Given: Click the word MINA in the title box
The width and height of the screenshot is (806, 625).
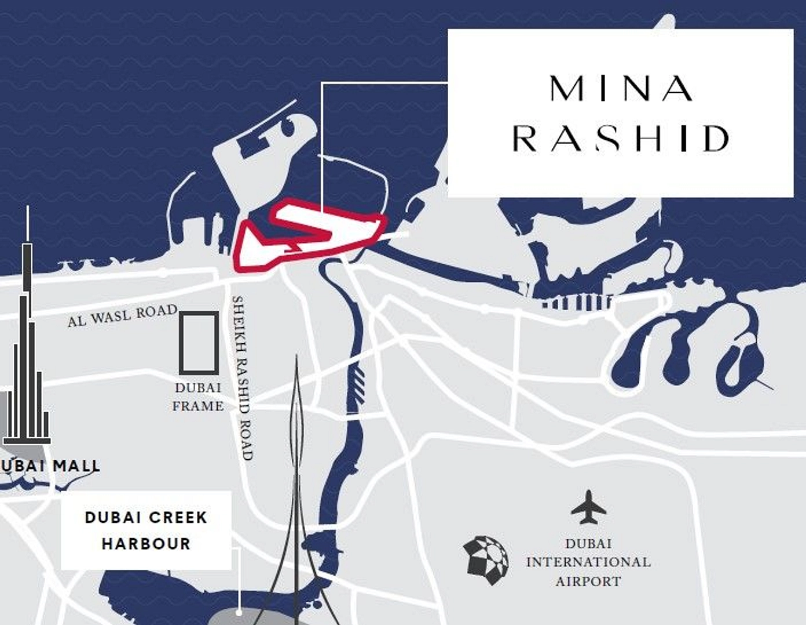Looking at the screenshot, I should point(621,89).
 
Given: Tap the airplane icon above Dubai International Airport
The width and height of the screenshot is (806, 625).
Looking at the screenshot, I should point(588,506).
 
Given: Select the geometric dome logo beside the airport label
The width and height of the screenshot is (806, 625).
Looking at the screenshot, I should point(486,559).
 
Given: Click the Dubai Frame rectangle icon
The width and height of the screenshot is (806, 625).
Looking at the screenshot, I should point(199,343).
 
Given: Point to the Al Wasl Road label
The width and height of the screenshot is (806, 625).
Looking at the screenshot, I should point(122,315).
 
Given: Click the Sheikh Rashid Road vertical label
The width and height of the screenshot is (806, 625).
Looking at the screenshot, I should point(243,377).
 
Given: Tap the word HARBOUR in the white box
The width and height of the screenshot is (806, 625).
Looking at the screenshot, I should point(146,544).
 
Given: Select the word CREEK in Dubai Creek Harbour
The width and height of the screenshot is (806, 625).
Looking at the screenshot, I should point(177,517).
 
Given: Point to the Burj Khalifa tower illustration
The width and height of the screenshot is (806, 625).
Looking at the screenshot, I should point(27,348).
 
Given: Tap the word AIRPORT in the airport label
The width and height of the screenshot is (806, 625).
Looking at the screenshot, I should point(588,581).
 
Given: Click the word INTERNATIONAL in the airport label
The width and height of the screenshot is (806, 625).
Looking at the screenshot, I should point(588,562).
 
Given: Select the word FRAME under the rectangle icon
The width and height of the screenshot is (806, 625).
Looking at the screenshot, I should point(198,406).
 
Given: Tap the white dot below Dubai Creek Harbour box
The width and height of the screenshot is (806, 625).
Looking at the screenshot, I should point(239,612).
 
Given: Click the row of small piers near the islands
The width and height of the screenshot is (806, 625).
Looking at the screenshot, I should point(577,302).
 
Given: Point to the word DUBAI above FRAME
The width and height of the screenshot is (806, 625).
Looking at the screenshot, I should point(198,387).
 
